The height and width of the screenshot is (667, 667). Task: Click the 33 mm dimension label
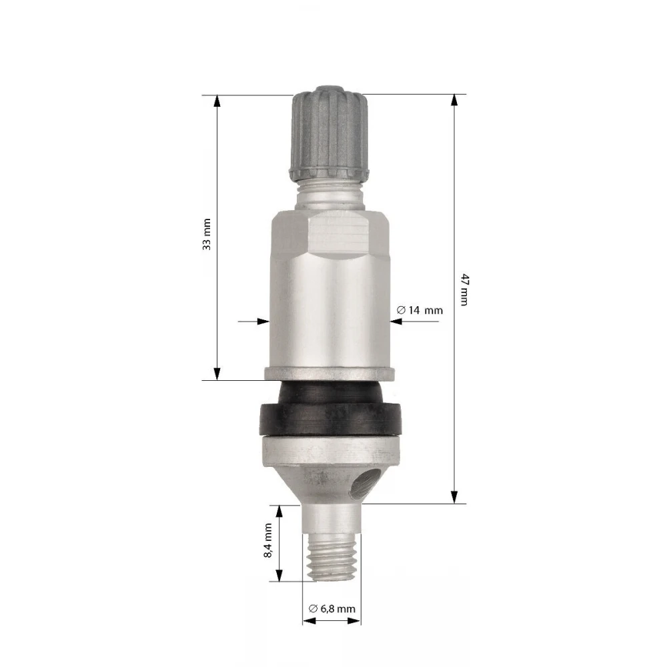tap(207, 234)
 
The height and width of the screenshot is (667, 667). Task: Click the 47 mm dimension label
tap(465, 289)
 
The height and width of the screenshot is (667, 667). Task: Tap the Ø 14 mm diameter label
tap(420, 310)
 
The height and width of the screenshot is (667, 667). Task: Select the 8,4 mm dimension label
tap(268, 541)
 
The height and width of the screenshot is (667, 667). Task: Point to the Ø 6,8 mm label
tap(332, 608)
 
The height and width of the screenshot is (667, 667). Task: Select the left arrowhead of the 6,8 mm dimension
tap(308, 621)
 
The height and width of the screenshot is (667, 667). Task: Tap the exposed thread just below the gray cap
tap(329, 193)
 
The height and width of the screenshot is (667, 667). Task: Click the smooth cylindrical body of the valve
tap(329, 313)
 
